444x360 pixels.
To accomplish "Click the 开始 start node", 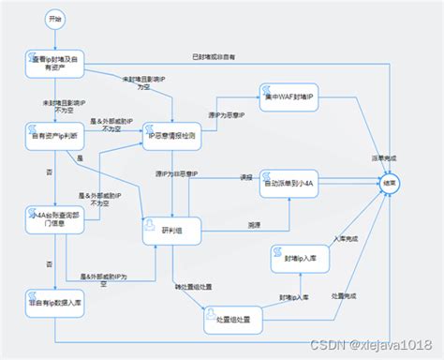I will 54,18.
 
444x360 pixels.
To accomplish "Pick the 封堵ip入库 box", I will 300,257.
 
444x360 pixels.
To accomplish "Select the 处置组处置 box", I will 232,320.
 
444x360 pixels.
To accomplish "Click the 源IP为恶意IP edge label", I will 225,115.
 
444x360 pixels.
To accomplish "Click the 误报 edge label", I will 247,176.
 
